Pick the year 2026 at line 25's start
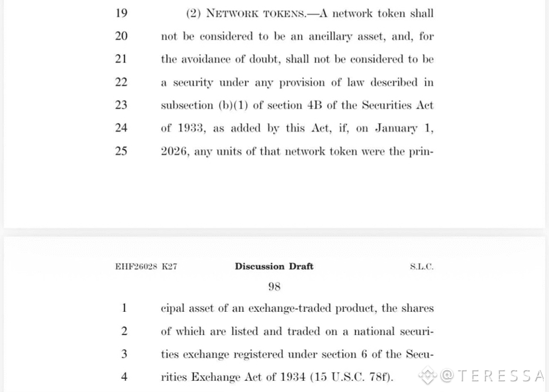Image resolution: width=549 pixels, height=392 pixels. (x=175, y=151)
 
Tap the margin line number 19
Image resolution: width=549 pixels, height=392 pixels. (x=121, y=13)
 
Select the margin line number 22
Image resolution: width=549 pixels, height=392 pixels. (x=121, y=82)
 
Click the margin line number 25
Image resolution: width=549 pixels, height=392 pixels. (x=121, y=151)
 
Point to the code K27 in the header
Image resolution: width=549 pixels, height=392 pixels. (x=170, y=267)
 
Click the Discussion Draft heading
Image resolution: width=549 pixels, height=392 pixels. (x=274, y=266)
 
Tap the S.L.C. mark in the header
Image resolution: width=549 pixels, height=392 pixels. (x=421, y=267)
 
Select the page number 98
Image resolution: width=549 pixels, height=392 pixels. (x=274, y=286)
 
